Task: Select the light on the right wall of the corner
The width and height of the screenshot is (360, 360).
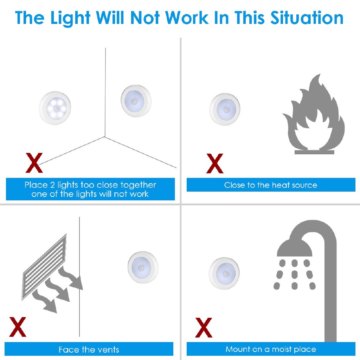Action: pos(136,101)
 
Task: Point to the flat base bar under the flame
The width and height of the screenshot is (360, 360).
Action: pos(314,152)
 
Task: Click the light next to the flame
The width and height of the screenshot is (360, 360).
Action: pos(225,109)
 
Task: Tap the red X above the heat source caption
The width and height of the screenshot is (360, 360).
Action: pos(215,163)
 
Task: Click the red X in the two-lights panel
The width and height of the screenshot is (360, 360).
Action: pos(34,163)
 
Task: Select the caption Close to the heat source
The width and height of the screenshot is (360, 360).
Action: pos(270,185)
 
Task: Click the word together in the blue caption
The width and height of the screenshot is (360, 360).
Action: pos(138,185)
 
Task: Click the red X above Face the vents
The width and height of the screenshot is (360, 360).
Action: pos(18,327)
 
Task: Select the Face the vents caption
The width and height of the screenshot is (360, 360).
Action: pos(89,349)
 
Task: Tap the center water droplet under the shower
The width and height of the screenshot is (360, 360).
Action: pos(295,274)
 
